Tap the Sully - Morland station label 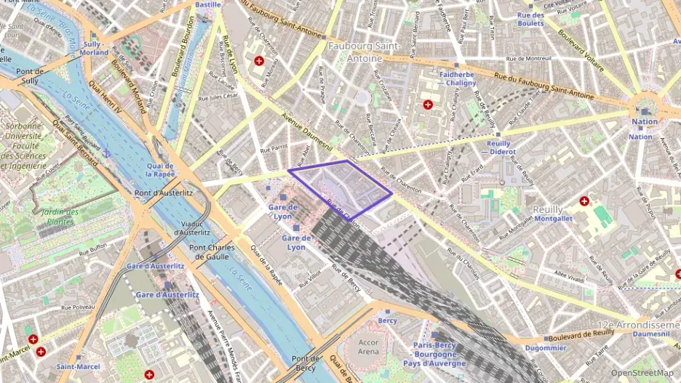(96, 48)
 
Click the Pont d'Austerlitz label (163, 193)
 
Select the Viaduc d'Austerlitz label (192, 228)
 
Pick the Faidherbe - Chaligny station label (458, 78)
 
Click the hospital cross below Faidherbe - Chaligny (428, 105)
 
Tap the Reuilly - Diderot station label (501, 148)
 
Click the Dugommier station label (545, 349)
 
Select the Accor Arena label (369, 347)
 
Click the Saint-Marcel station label (78, 367)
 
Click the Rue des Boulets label (530, 19)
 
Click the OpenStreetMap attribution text (642, 373)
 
